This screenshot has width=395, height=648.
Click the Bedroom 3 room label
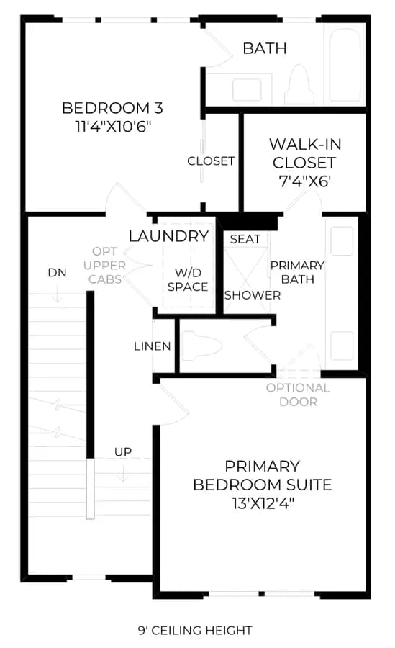click(x=112, y=108)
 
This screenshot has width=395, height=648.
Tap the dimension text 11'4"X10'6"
click(x=113, y=127)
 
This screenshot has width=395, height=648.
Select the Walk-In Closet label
click(x=304, y=153)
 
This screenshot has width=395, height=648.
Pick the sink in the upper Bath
click(x=247, y=89)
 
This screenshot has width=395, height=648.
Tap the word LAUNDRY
click(x=168, y=236)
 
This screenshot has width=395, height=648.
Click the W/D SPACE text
click(x=188, y=280)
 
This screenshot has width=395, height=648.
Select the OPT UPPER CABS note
click(x=105, y=265)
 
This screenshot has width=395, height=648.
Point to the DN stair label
click(x=57, y=273)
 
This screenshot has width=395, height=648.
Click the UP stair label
click(x=123, y=452)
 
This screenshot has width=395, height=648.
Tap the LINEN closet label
click(x=153, y=346)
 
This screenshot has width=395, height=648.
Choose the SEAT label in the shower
click(x=245, y=239)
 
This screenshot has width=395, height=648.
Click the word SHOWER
click(x=253, y=295)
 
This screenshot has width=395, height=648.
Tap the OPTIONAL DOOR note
click(x=299, y=395)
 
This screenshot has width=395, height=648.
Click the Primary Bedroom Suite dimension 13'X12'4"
click(x=263, y=504)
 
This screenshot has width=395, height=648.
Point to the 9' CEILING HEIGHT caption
click(x=195, y=631)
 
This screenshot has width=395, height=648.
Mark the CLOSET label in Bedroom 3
click(x=211, y=161)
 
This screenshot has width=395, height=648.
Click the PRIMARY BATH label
click(x=297, y=272)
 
